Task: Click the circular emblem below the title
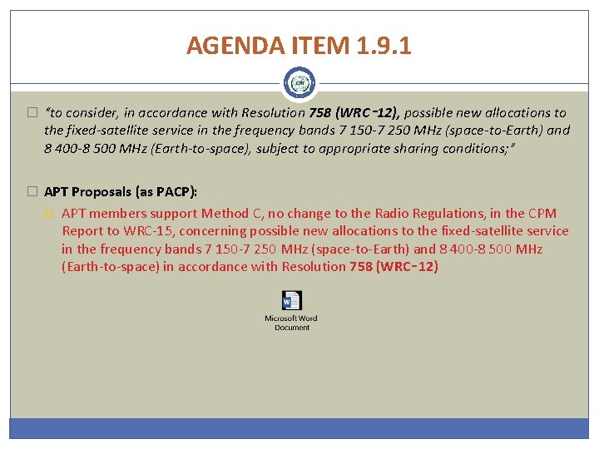[x=299, y=83]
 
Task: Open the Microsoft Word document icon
[x=292, y=301]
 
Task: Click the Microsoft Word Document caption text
[x=291, y=323]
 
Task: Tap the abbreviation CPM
[x=542, y=214]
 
